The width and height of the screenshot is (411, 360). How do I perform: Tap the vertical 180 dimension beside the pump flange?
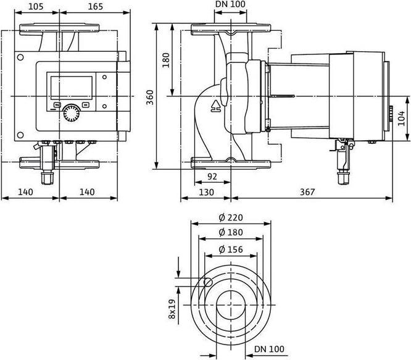[165, 61]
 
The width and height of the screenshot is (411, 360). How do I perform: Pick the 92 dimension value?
[212, 176]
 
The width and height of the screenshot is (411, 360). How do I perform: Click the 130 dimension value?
[206, 192]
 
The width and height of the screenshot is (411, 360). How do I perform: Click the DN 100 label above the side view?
[229, 6]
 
